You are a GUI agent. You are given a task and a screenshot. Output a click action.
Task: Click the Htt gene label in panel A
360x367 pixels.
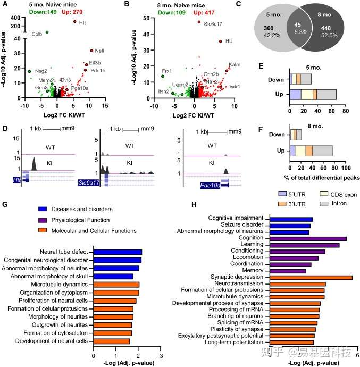82,23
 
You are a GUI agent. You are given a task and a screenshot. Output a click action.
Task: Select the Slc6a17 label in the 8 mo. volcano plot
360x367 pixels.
214,24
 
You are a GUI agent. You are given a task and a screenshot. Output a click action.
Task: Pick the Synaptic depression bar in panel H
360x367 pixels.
311,277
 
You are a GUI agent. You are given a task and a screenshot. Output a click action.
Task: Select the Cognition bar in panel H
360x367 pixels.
308,239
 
